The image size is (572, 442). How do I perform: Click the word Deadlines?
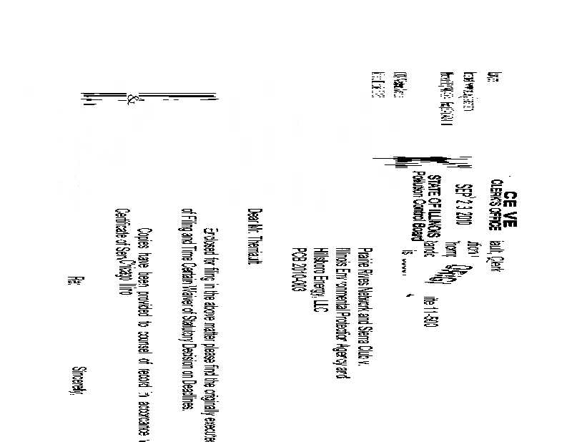coord(184,390)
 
